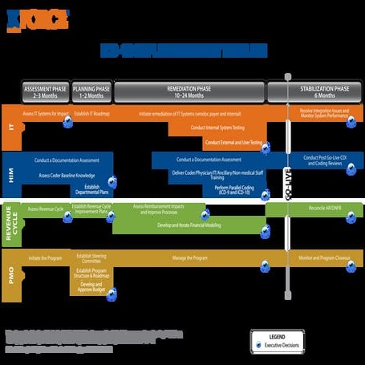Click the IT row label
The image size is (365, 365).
coord(10,128)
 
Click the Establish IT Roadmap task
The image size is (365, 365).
coord(91,114)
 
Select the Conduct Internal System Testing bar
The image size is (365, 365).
coord(217,128)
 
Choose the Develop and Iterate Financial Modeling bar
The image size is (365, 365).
coord(189,226)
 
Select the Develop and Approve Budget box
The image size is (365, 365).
coord(91,287)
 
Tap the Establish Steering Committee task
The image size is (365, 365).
coord(91,258)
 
